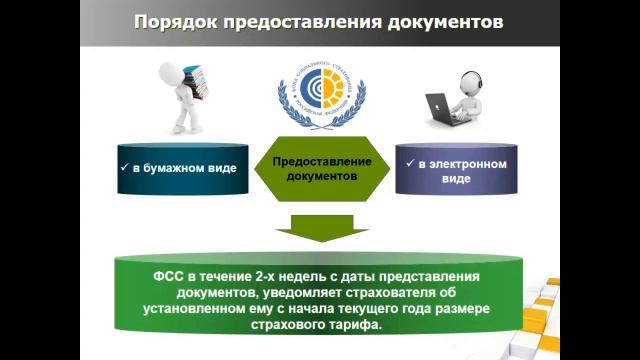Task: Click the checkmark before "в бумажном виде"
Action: [123, 168]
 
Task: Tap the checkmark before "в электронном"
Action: [408, 162]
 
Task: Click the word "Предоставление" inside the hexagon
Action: [322, 161]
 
